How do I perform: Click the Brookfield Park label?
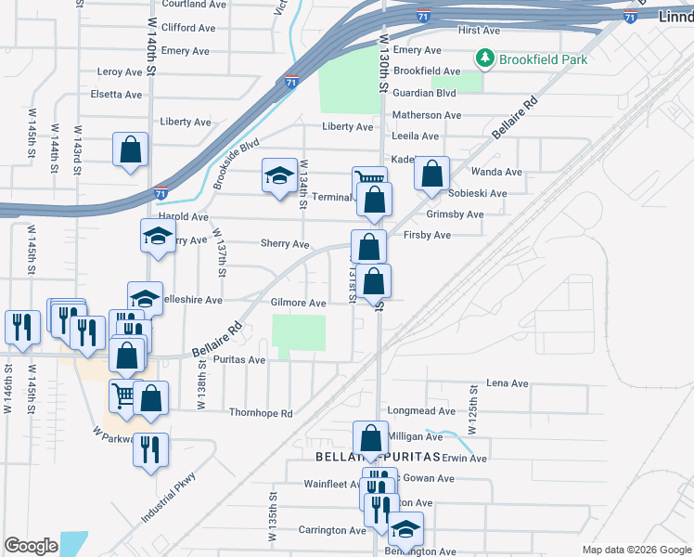click(x=543, y=59)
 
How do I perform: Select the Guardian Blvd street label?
click(x=425, y=93)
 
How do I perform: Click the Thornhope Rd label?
click(x=260, y=413)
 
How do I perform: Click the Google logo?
click(x=31, y=546)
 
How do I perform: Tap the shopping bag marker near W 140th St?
click(x=130, y=150)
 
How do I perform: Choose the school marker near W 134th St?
click(x=278, y=176)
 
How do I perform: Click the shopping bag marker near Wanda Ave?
click(x=431, y=174)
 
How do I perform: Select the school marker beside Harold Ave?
click(x=158, y=237)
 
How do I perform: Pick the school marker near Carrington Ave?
click(x=405, y=529)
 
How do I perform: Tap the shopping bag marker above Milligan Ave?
click(x=370, y=438)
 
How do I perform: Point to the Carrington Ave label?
click(x=332, y=531)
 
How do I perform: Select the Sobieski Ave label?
click(x=477, y=193)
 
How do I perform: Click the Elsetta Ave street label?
click(x=116, y=95)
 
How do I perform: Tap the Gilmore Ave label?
click(x=298, y=304)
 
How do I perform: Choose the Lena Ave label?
click(x=508, y=382)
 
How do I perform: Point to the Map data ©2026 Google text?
click(x=636, y=550)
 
